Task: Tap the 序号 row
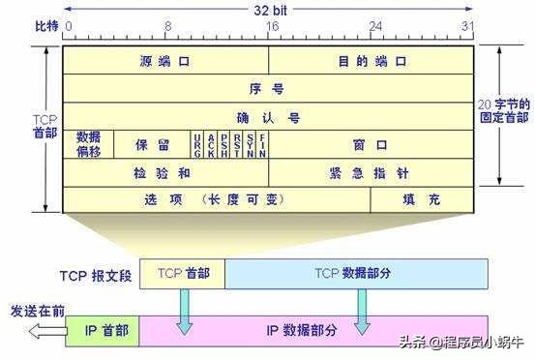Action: pos(268,88)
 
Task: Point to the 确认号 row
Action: pos(268,117)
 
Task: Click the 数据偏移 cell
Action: pos(88,144)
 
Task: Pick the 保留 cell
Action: pos(152,144)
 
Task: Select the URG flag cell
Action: pos(197,144)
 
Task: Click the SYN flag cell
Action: pos(250,144)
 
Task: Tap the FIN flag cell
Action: pos(262,144)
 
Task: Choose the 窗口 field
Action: pos(371,144)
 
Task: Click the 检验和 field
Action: pos(164,172)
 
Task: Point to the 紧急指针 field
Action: pos(371,172)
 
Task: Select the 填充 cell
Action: pos(422,199)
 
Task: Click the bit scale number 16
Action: pos(268,27)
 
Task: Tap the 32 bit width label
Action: pos(268,9)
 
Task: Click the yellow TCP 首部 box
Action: pos(183,274)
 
